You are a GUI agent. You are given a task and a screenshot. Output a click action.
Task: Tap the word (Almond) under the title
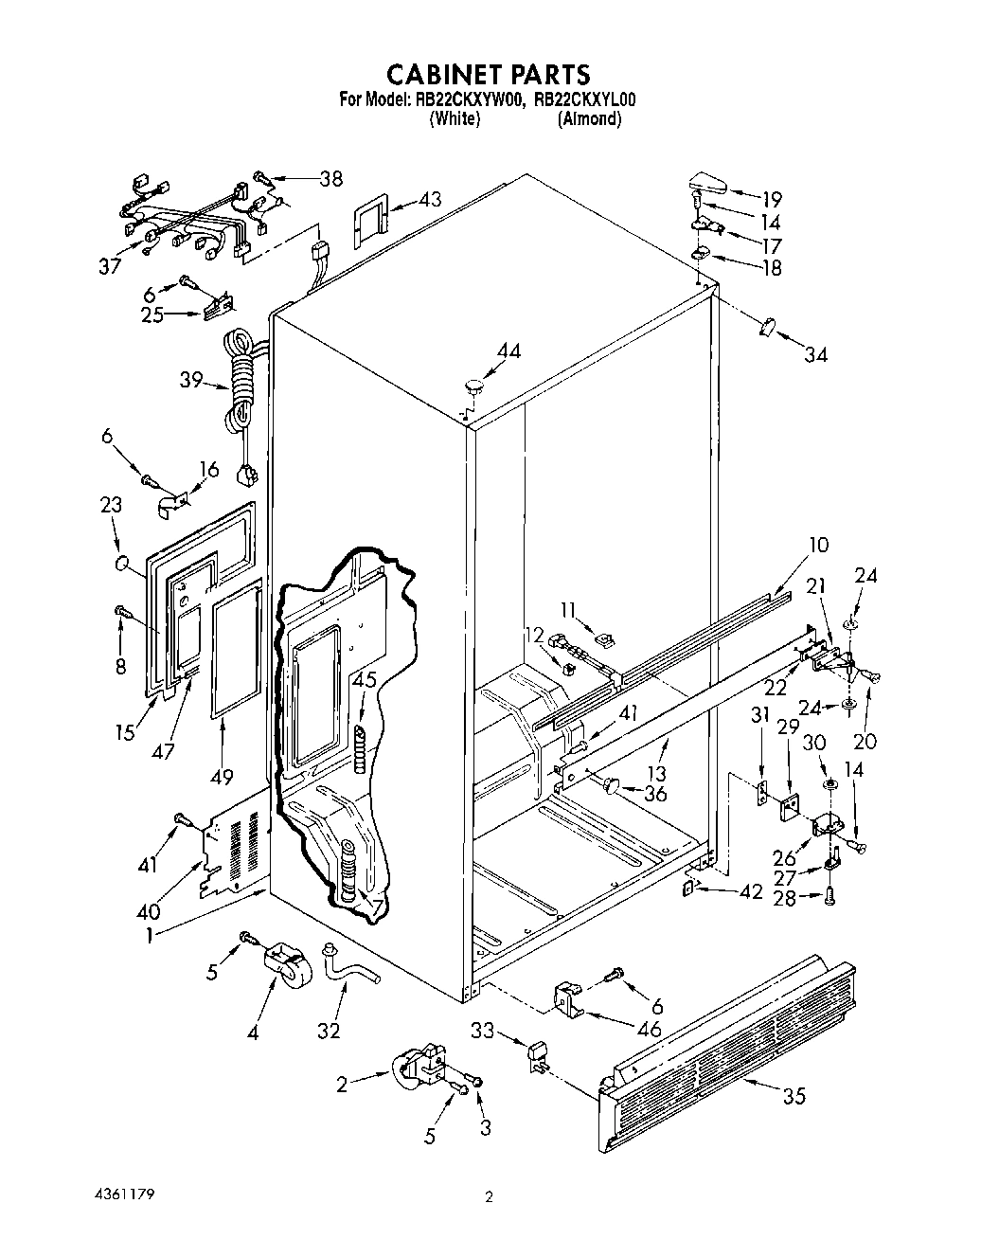click(589, 119)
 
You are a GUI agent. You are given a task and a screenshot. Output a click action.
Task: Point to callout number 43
click(430, 200)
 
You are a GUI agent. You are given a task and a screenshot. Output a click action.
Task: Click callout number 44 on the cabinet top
click(508, 350)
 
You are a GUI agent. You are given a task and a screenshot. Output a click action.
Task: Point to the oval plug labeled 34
click(766, 328)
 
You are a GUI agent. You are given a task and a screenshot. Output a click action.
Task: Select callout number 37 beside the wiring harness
click(111, 266)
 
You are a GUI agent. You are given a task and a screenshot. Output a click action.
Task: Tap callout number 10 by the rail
click(818, 544)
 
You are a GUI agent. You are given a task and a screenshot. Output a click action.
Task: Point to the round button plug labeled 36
click(611, 784)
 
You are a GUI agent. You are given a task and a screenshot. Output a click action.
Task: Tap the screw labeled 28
click(829, 896)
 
